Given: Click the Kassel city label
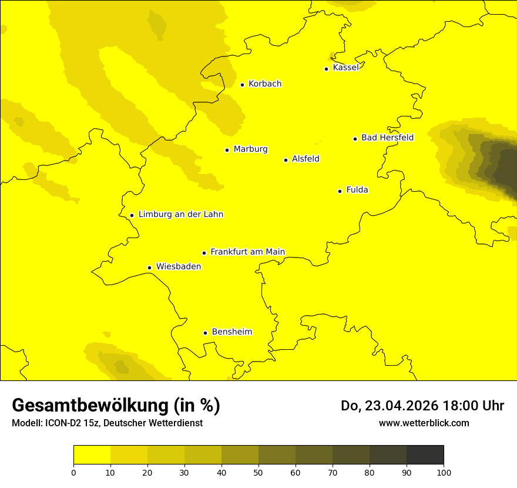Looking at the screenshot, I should [345, 68].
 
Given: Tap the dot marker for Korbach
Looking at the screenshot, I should [242, 85].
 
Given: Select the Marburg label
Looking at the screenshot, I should [250, 149].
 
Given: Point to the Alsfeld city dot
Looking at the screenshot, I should [286, 160].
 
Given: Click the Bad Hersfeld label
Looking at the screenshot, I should [387, 138].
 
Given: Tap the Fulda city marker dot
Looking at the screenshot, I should [340, 191].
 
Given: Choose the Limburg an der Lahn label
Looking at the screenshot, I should [180, 215].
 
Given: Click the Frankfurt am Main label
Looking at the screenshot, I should [247, 252].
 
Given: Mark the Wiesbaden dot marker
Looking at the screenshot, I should [149, 268].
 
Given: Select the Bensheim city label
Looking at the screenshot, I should [231, 332].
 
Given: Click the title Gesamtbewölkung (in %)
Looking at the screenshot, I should [116, 406].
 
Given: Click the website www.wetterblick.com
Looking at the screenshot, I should [424, 423].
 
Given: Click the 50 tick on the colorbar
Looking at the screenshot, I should [258, 472].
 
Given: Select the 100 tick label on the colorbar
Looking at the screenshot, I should [444, 472].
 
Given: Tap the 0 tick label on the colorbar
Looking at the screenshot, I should [73, 472].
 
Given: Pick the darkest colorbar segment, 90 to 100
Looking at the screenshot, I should [425, 455].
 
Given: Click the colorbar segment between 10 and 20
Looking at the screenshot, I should [129, 455].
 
